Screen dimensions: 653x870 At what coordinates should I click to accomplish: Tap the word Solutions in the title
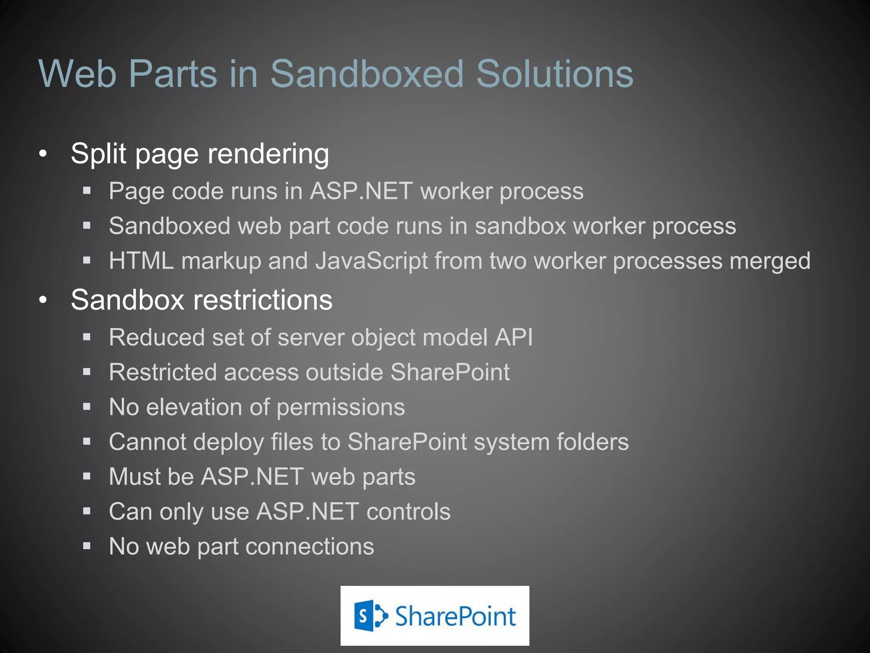554,74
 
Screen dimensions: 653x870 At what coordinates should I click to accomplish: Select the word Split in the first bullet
98,153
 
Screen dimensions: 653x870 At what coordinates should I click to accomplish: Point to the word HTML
141,261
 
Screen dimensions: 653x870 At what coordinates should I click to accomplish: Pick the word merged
770,261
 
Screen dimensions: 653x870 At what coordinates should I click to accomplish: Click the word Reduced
157,338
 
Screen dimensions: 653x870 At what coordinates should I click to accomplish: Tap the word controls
408,511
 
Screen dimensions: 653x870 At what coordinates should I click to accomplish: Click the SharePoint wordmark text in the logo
455,616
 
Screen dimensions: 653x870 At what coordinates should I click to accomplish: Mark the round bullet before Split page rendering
43,154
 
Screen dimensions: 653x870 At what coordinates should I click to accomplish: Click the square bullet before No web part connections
87,546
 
